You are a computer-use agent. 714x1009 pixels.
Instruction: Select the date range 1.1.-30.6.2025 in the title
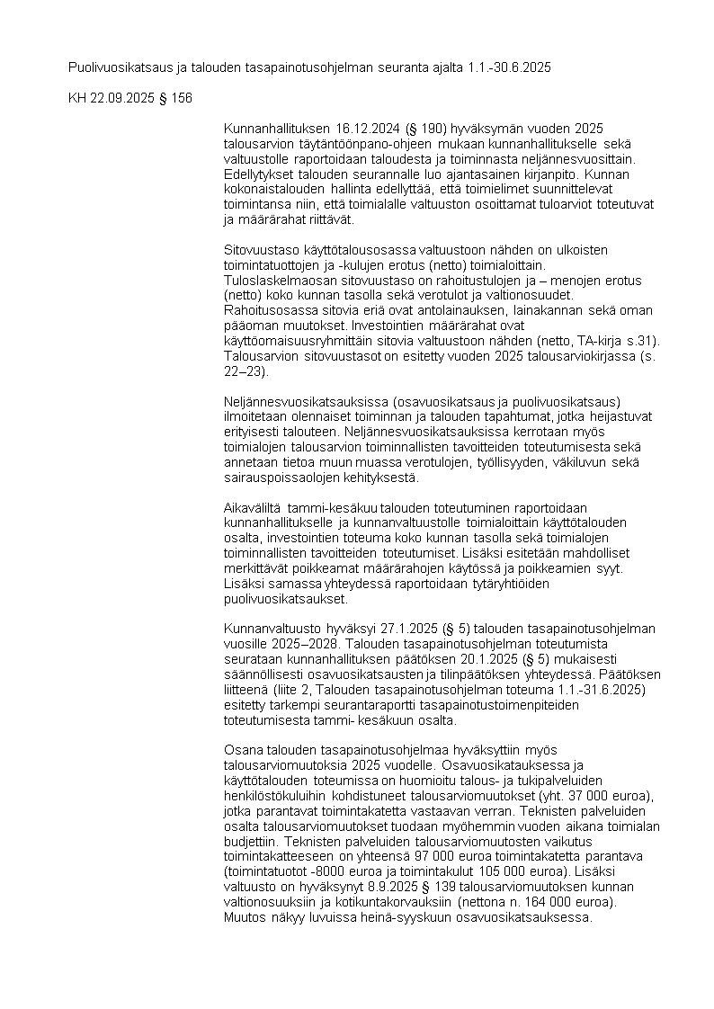(x=510, y=67)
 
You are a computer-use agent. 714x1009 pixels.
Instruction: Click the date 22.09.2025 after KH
(x=120, y=97)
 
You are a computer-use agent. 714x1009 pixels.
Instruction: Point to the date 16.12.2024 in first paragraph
(x=368, y=129)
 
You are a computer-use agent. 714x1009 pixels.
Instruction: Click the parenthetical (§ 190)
(x=420, y=129)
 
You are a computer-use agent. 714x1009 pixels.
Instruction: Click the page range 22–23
(x=242, y=371)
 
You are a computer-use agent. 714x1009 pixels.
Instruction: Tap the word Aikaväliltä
(x=252, y=508)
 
